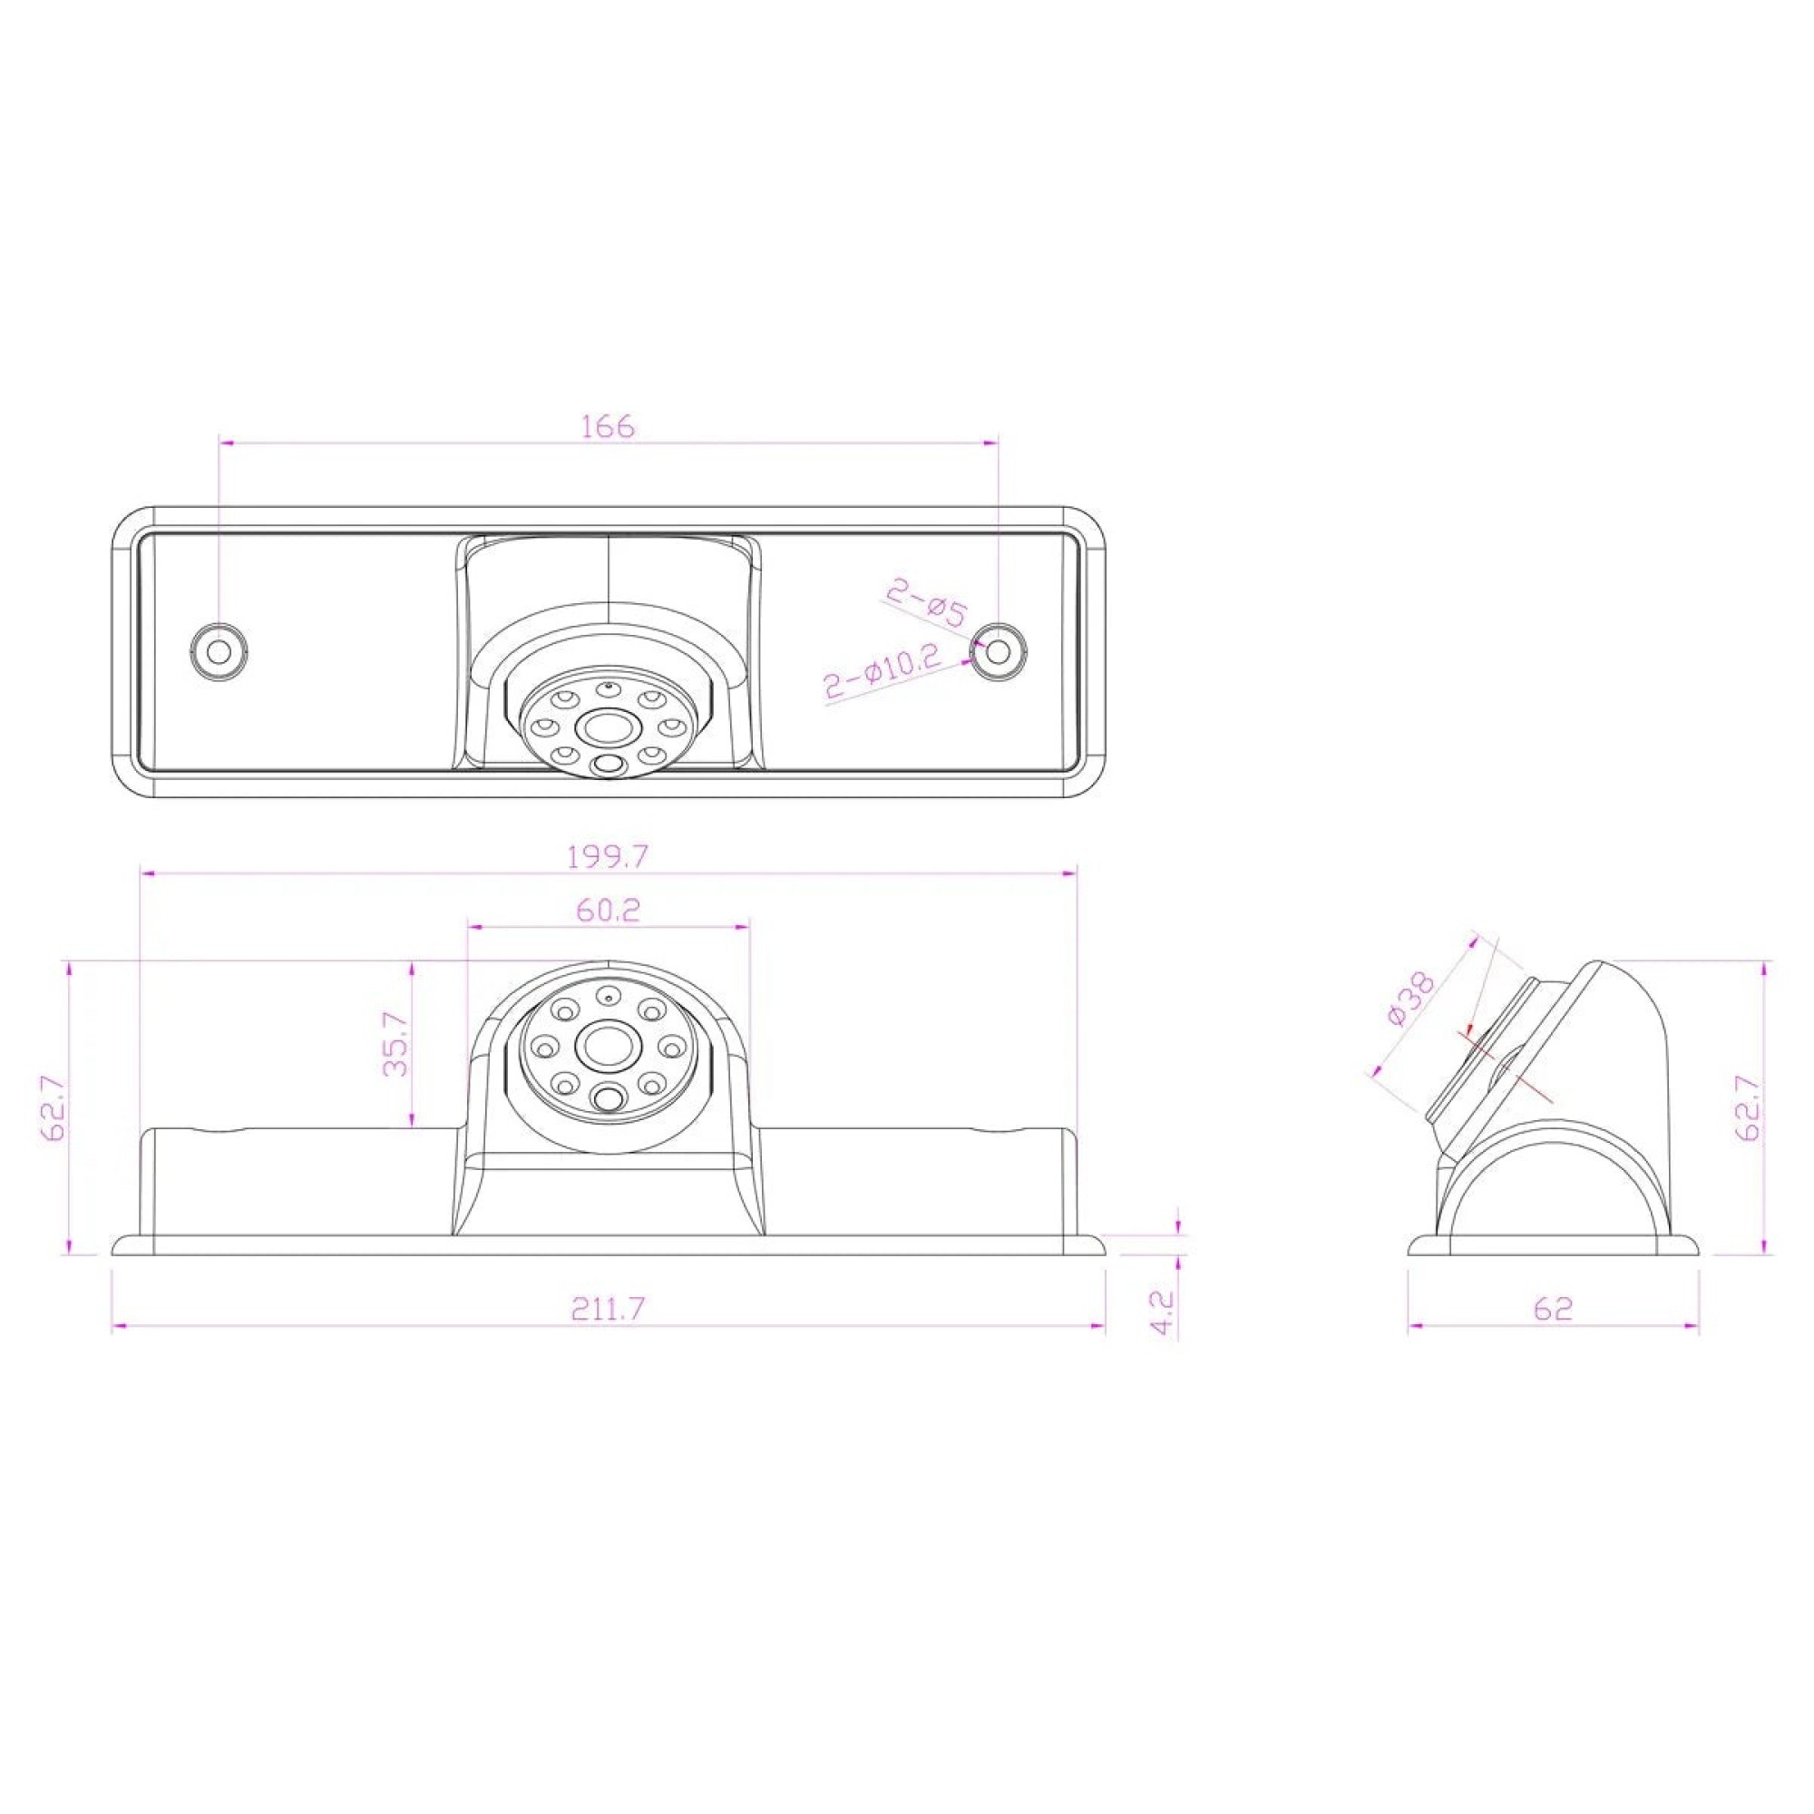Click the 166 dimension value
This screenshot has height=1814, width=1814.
click(x=609, y=426)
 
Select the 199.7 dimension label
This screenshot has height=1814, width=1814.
click(x=609, y=856)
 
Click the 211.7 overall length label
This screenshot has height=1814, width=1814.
click(x=609, y=1308)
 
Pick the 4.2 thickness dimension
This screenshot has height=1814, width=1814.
click(x=1163, y=1312)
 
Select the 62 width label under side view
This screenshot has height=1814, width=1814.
click(x=1553, y=1308)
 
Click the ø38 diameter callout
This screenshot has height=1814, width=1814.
click(x=1409, y=999)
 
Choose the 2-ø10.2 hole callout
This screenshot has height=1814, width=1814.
click(x=883, y=671)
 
